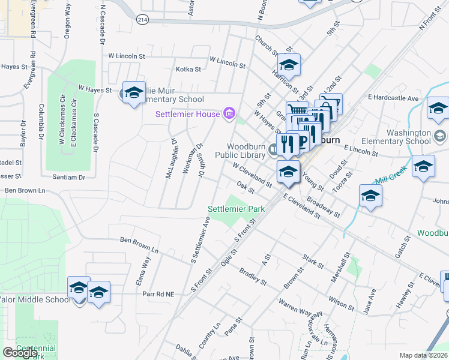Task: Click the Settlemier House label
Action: [188, 114]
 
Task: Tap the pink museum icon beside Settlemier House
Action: [228, 113]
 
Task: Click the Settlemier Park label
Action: [237, 209]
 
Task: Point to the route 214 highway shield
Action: [142, 19]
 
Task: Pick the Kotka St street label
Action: [188, 69]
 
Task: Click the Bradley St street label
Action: [253, 276]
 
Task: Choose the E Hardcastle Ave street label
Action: [394, 97]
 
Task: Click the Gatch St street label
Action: [402, 247]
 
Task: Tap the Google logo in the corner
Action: [20, 353]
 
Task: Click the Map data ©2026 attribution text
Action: [423, 355]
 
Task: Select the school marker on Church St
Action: [289, 66]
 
